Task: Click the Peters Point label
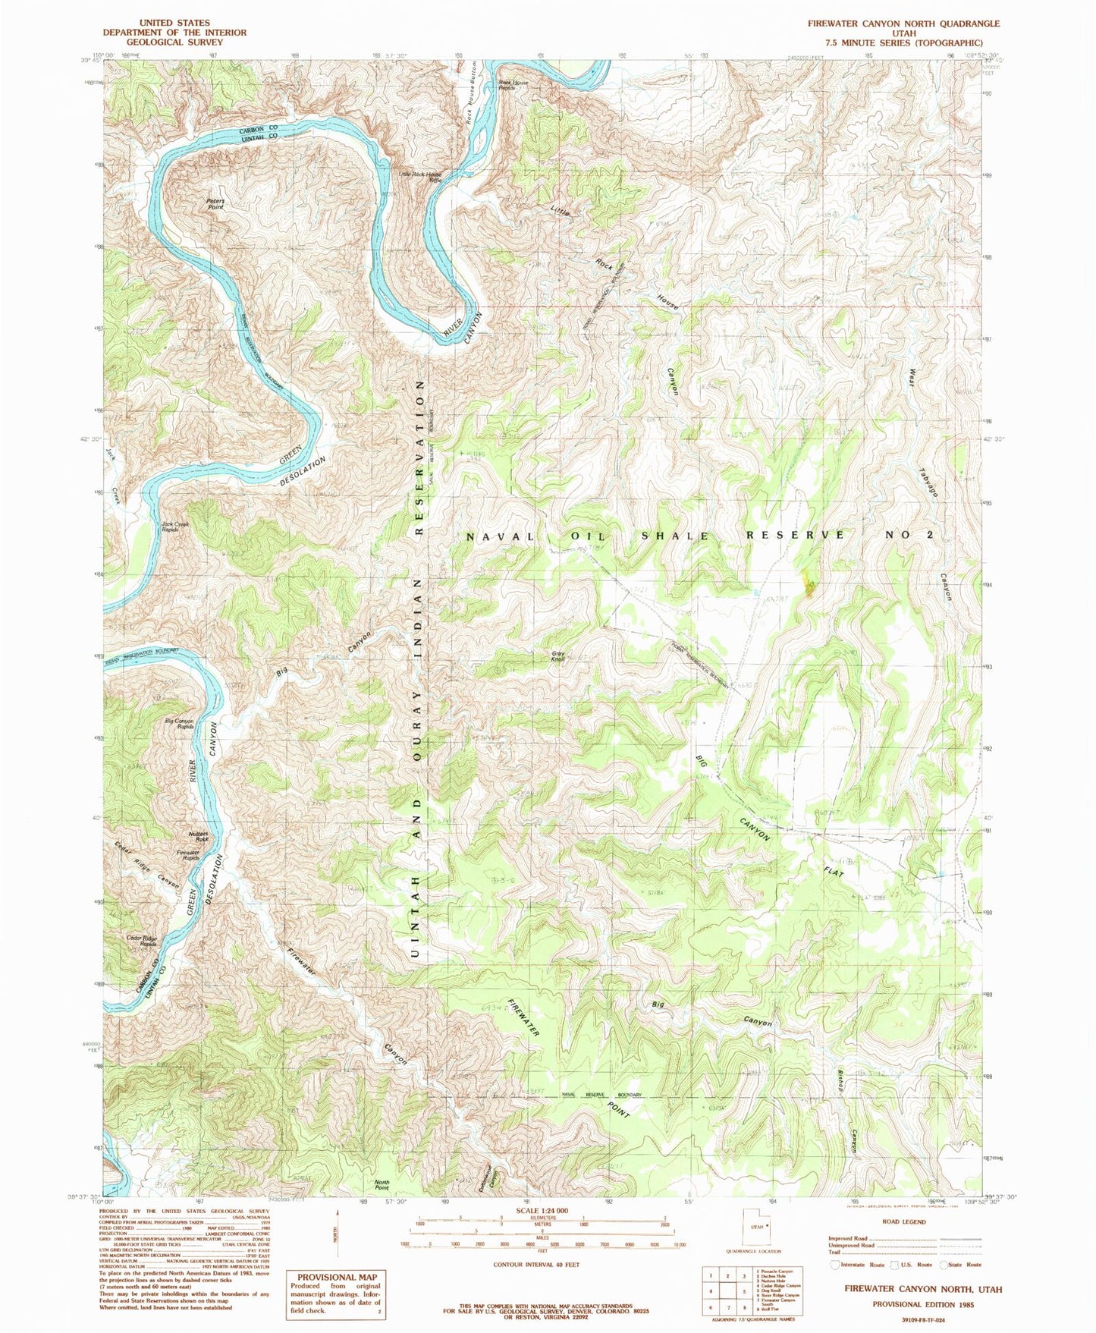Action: pyautogui.click(x=215, y=203)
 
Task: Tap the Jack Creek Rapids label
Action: pyautogui.click(x=174, y=527)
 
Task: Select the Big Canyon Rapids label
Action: pyautogui.click(x=179, y=724)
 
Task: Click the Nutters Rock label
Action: pyautogui.click(x=198, y=837)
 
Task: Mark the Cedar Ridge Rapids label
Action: pyautogui.click(x=141, y=942)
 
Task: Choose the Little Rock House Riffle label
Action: pyautogui.click(x=420, y=178)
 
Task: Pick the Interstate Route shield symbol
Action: pyautogui.click(x=835, y=1265)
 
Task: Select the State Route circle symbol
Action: pyautogui.click(x=944, y=1265)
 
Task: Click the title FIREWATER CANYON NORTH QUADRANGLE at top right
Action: pyautogui.click(x=903, y=24)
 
